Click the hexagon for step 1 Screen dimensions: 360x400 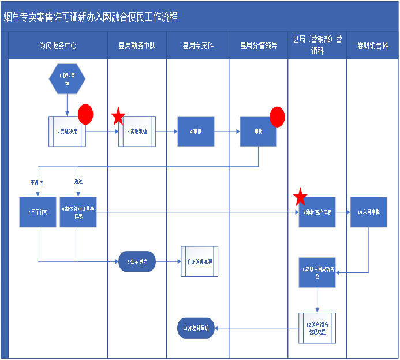tap(68, 78)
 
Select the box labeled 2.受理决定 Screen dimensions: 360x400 tap(68, 132)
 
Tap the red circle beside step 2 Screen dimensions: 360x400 tap(85, 114)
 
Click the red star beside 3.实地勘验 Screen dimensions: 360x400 tap(118, 117)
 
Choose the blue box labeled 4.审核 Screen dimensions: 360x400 tap(196, 132)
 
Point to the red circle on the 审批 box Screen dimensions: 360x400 tap(277, 117)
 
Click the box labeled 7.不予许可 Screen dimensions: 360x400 tap(38, 212)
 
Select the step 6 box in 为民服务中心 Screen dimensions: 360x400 tap(78, 212)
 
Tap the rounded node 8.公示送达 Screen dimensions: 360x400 tap(137, 261)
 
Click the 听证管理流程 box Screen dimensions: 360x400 tap(200, 261)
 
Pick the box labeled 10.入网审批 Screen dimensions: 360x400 tap(368, 212)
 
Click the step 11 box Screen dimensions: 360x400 tap(317, 272)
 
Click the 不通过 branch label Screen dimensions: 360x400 tap(37, 182)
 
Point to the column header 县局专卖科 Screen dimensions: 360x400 tap(198, 46)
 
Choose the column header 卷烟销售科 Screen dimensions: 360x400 tap(372, 46)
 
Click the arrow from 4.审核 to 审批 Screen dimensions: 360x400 tap(227, 132)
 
